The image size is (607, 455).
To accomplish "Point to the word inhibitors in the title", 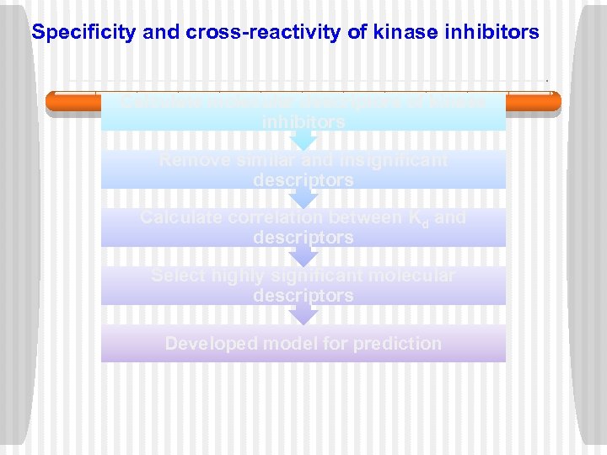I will pos(490,33).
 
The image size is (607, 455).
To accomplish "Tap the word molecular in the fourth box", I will pos(415,276).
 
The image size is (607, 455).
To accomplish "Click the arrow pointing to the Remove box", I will pos(303,141).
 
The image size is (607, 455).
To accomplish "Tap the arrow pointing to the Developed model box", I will pos(303,315).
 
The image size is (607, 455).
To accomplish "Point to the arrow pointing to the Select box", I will pos(303,256).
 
